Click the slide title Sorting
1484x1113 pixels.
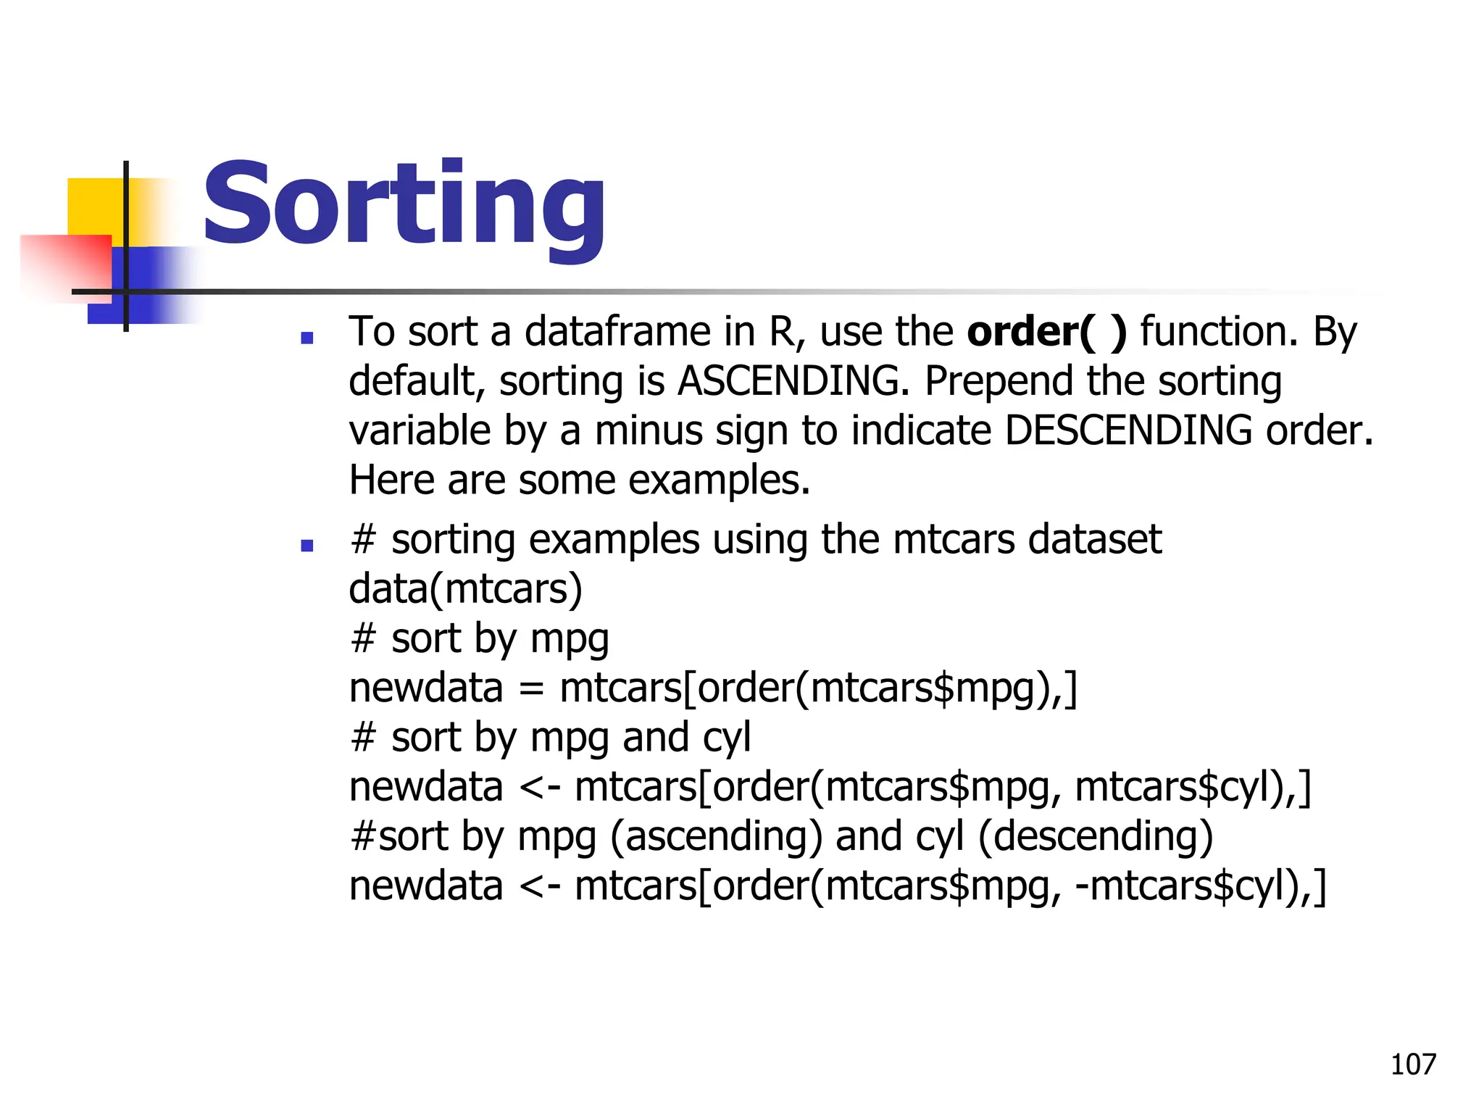(x=404, y=204)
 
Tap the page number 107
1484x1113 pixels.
(x=1412, y=1064)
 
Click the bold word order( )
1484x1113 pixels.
(x=1047, y=332)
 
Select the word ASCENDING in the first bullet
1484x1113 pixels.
(x=793, y=381)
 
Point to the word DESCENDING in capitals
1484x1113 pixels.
(x=1128, y=430)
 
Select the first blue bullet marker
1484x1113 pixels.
(x=307, y=338)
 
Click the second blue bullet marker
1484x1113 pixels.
(x=307, y=546)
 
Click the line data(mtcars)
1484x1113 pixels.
(x=465, y=589)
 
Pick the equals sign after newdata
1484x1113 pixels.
(x=531, y=688)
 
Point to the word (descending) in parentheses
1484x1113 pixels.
(x=1095, y=836)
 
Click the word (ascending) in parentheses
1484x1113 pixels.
(x=716, y=836)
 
